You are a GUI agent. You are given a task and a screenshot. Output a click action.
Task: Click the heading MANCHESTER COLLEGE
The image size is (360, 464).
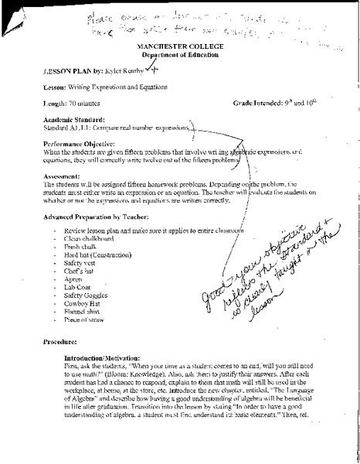click(178, 47)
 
